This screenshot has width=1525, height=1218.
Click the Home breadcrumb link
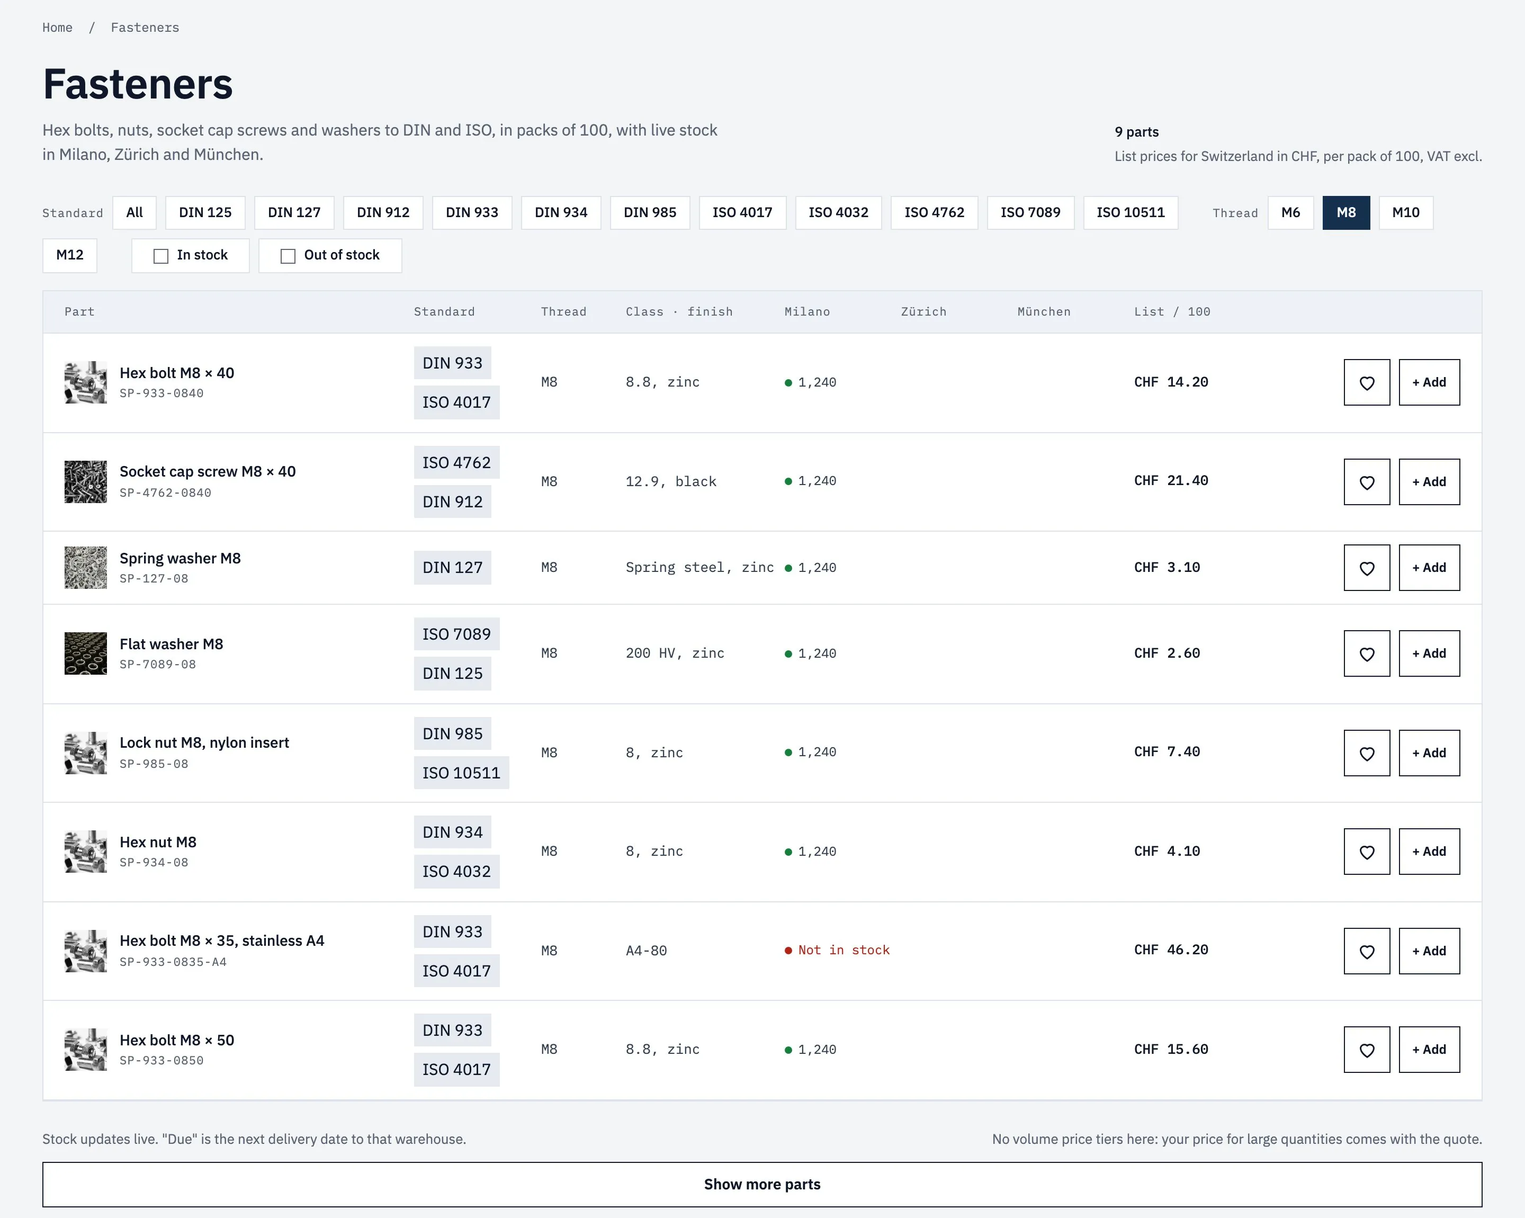pyautogui.click(x=57, y=28)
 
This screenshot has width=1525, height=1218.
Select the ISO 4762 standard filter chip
pyautogui.click(x=934, y=213)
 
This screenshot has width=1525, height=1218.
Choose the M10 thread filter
pyautogui.click(x=1405, y=213)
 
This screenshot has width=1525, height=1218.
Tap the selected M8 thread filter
pyautogui.click(x=1346, y=213)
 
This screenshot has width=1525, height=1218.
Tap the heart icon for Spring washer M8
pyautogui.click(x=1367, y=568)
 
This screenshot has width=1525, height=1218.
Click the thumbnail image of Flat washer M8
pyautogui.click(x=86, y=653)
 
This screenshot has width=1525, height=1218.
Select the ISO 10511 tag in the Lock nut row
pyautogui.click(x=461, y=773)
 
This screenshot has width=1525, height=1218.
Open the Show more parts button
pyautogui.click(x=762, y=1185)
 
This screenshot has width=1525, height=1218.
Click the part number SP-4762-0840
pyautogui.click(x=166, y=493)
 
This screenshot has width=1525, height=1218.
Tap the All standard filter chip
pyautogui.click(x=134, y=213)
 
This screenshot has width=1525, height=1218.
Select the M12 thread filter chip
pyautogui.click(x=69, y=255)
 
